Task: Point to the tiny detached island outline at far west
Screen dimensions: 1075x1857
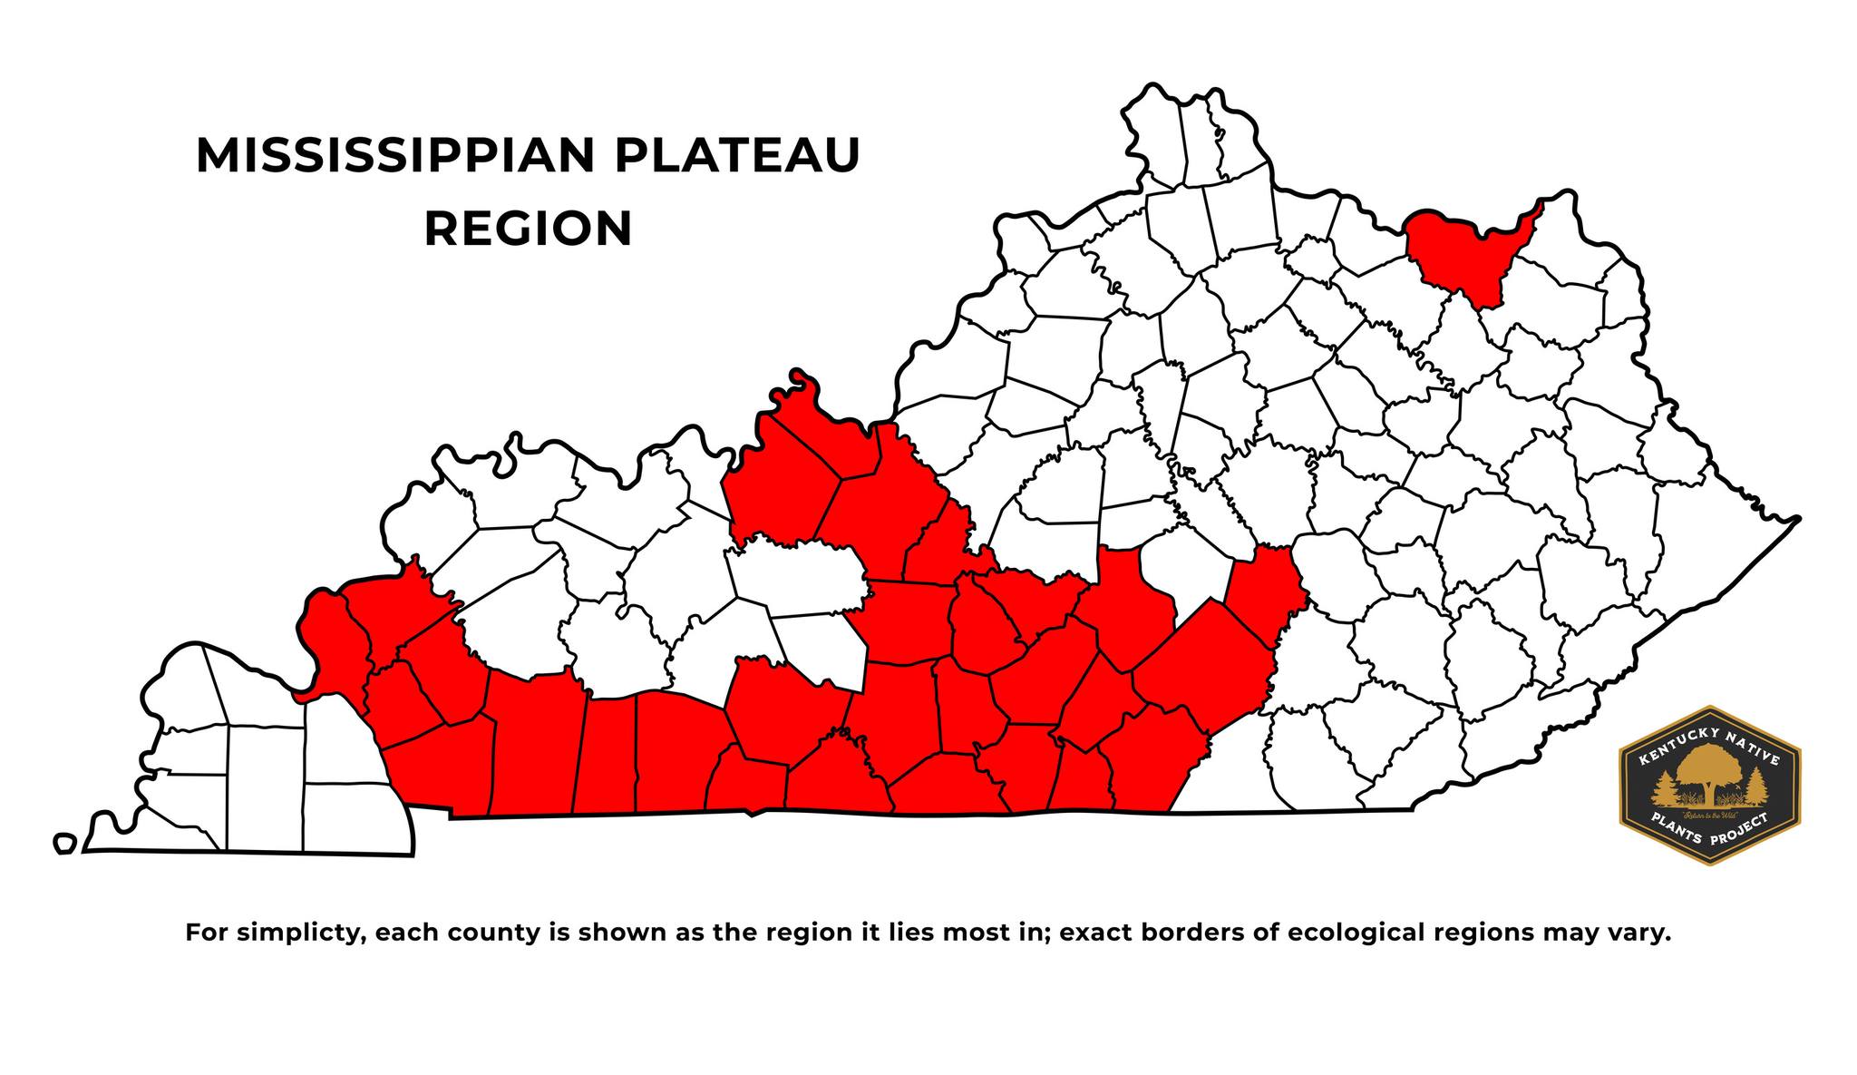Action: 63,844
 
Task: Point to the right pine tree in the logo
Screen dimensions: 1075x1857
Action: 1756,787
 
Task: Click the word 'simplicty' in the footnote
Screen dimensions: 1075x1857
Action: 298,933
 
